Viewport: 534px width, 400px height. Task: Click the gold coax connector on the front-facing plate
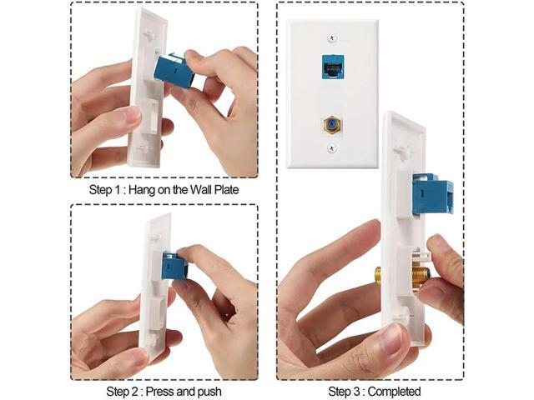pos(332,126)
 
